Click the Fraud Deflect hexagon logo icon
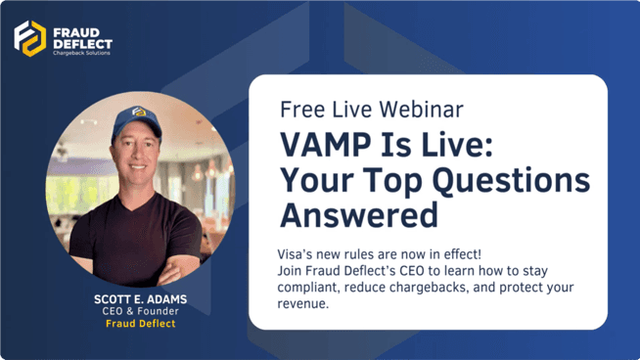(x=29, y=38)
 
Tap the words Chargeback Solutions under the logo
(x=81, y=53)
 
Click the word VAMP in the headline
(x=325, y=146)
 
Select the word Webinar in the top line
(x=421, y=110)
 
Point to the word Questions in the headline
(x=511, y=180)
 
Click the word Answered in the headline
(x=359, y=215)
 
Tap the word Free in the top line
(x=302, y=110)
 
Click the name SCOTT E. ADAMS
(x=140, y=299)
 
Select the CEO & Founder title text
(x=140, y=311)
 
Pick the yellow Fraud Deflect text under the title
(x=140, y=323)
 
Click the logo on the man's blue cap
(x=139, y=112)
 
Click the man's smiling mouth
(x=138, y=166)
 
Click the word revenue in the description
(x=301, y=304)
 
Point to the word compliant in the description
(x=307, y=288)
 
